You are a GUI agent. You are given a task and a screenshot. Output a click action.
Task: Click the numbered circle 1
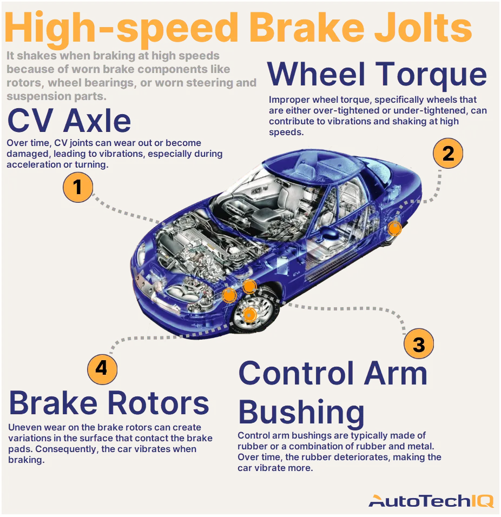[x=78, y=187]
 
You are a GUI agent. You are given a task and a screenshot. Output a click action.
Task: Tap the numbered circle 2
[x=448, y=154]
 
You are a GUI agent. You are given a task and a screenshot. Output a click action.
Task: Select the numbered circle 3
[x=419, y=344]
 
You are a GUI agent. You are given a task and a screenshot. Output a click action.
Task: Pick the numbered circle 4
[x=102, y=369]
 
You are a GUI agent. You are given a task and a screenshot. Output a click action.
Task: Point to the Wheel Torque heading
[x=377, y=75]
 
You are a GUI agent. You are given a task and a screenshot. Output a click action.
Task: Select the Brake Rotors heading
[x=109, y=403]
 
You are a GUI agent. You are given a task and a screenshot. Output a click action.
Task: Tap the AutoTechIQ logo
[x=431, y=501]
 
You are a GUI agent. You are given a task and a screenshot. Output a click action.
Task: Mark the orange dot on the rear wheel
[x=395, y=229]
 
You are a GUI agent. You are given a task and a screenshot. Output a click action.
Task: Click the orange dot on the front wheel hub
[x=249, y=314]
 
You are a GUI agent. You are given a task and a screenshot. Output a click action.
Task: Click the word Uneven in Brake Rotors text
[x=24, y=428]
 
